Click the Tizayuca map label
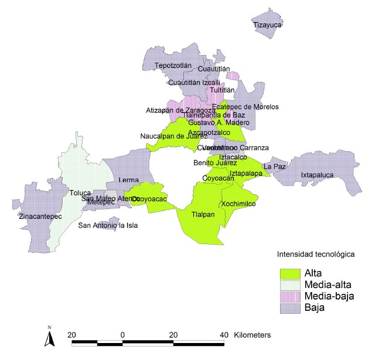pyautogui.click(x=268, y=25)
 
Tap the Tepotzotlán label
pyautogui.click(x=173, y=66)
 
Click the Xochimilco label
pyautogui.click(x=238, y=204)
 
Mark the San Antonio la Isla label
pyautogui.click(x=108, y=225)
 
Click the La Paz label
pyautogui.click(x=275, y=166)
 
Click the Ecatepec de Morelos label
pyautogui.click(x=245, y=107)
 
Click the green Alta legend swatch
pyautogui.click(x=289, y=273)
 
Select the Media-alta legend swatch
pyautogui.click(x=289, y=284)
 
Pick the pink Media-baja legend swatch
pyautogui.click(x=289, y=296)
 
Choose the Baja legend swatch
pyautogui.click(x=289, y=307)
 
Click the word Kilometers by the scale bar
pyautogui.click(x=252, y=334)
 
